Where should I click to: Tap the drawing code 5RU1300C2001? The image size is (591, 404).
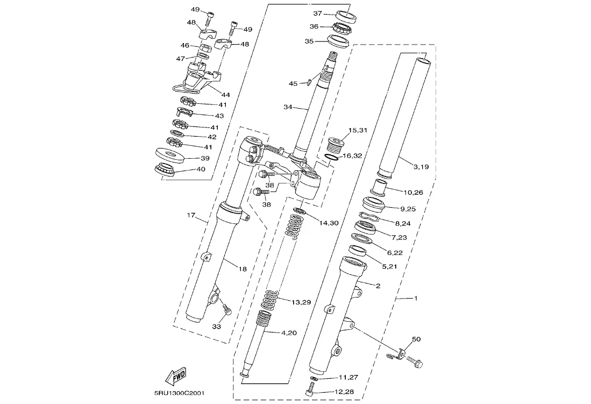(180, 393)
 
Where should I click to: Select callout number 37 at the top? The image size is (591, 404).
(318, 13)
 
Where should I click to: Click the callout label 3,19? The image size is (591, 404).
(421, 167)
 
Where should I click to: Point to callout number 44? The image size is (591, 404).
(226, 95)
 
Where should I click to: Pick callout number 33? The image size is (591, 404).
(216, 327)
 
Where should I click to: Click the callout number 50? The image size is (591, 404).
(416, 339)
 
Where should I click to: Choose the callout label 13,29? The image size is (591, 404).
(301, 302)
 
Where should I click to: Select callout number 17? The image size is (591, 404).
(191, 215)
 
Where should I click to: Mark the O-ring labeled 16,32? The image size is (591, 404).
(331, 157)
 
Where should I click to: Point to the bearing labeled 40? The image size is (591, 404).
(165, 169)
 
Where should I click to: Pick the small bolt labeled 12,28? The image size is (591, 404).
(310, 388)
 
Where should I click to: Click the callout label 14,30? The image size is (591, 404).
(329, 223)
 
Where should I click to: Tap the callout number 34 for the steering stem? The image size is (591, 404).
(288, 107)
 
